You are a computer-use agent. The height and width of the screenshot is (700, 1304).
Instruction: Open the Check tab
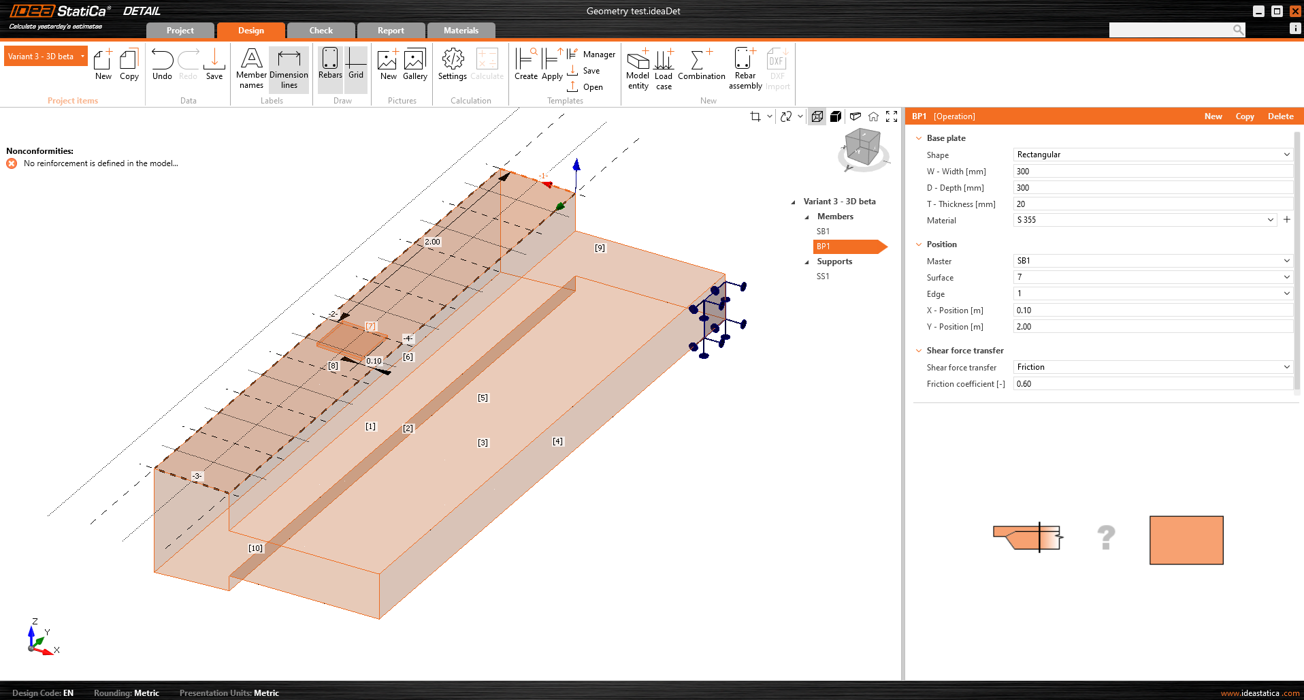pyautogui.click(x=321, y=31)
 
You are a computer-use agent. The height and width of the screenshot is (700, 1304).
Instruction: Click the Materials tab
pyautogui.click(x=461, y=31)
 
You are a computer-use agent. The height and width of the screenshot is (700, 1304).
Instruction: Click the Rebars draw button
pyautogui.click(x=330, y=64)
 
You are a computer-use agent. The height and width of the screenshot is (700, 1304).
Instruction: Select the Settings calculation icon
pyautogui.click(x=453, y=64)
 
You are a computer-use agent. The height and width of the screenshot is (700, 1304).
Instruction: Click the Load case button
pyautogui.click(x=664, y=69)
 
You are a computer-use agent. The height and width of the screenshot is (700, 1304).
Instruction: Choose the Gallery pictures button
pyautogui.click(x=414, y=64)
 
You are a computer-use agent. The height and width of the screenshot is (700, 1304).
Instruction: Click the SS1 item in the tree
pyautogui.click(x=823, y=276)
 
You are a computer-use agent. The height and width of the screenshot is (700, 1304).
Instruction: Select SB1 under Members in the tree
pyautogui.click(x=823, y=232)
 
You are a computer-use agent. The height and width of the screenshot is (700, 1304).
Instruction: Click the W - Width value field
pyautogui.click(x=1152, y=172)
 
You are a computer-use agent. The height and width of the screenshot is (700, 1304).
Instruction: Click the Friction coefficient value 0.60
pyautogui.click(x=1152, y=384)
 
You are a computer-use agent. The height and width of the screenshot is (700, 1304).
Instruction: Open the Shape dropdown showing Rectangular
pyautogui.click(x=1152, y=155)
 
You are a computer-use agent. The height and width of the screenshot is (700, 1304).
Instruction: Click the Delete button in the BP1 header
pyautogui.click(x=1280, y=116)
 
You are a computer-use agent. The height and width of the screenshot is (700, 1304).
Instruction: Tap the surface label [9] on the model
pyautogui.click(x=600, y=248)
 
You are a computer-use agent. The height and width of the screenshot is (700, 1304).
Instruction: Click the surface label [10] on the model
pyautogui.click(x=255, y=548)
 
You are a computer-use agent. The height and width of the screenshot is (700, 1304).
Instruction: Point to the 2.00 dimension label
pyautogui.click(x=432, y=242)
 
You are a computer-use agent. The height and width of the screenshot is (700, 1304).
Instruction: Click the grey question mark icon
pyautogui.click(x=1106, y=538)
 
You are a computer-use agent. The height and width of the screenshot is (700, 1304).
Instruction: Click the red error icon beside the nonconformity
pyautogui.click(x=12, y=163)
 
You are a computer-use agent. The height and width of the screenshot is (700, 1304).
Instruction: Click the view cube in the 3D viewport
pyautogui.click(x=863, y=147)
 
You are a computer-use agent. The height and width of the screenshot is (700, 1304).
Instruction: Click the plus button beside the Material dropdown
pyautogui.click(x=1287, y=220)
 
